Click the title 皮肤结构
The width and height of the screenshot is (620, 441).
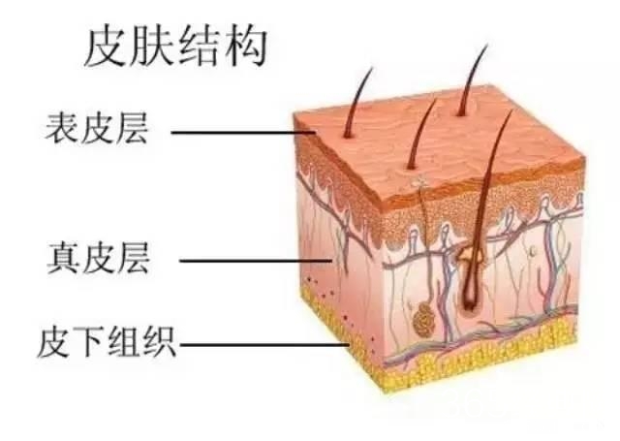point(176,47)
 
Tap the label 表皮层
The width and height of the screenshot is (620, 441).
point(97,127)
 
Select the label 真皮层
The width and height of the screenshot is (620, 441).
point(99,258)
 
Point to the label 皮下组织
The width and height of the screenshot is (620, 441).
point(107,341)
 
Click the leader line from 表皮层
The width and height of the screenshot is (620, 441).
point(243,132)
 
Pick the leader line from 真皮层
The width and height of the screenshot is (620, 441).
point(256,261)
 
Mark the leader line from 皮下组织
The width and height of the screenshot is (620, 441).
point(264,344)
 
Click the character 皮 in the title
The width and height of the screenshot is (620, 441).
point(105,47)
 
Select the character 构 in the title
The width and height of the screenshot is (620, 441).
point(247,47)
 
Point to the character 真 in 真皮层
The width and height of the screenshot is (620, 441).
point(64,258)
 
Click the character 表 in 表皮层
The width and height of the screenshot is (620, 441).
point(62,127)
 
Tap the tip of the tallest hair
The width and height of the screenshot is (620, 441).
point(487,45)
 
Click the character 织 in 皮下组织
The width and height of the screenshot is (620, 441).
point(159,342)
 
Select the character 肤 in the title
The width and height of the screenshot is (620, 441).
point(152,47)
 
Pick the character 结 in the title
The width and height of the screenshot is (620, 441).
point(200,47)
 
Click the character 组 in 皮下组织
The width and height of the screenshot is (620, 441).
point(125,342)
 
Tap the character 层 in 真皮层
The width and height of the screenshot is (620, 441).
point(134,258)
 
